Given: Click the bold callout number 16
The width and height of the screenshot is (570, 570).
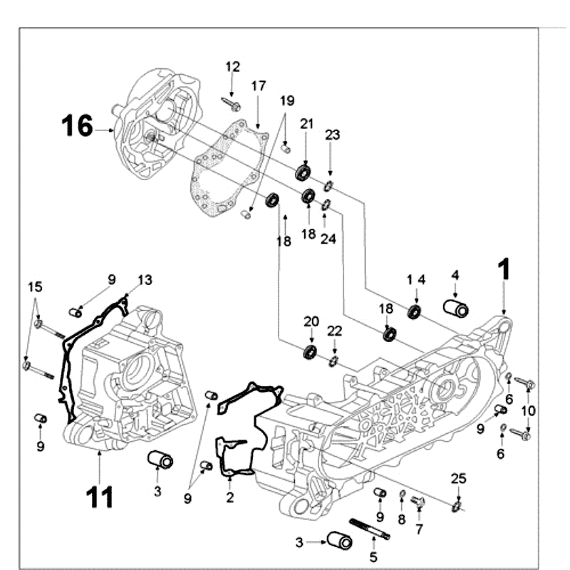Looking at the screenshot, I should point(77,126).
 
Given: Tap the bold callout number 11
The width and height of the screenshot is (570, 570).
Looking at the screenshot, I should point(100,496).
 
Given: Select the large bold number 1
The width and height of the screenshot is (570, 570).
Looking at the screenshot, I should point(504,269).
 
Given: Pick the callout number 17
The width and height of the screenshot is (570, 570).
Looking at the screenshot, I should point(258,85).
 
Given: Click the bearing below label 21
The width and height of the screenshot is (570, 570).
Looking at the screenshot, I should point(304,172).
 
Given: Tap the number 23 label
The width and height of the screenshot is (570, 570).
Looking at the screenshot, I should point(333,135).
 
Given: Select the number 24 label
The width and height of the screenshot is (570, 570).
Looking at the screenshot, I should point(327,239).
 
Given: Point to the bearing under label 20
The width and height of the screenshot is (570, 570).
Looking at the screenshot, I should point(310,351).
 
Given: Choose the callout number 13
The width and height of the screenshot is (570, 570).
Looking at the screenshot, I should point(145,280).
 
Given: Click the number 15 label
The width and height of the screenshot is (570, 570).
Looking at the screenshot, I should point(35,286).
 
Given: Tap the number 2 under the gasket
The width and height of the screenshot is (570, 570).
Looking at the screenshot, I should point(229,497).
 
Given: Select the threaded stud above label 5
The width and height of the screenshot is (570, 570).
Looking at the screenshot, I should point(368,531).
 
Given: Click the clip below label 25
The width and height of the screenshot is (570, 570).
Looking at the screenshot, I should point(456,507).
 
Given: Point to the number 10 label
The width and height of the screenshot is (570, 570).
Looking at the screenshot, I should point(527,410).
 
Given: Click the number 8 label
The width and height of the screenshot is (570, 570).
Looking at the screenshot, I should point(401,520).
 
